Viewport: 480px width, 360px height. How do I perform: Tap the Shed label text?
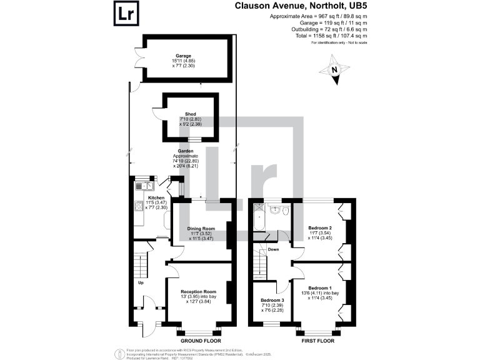[191, 114]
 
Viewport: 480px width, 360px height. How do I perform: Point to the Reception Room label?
[198, 292]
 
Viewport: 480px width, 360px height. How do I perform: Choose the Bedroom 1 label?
[321, 289]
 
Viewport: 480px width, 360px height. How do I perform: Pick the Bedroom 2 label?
[320, 229]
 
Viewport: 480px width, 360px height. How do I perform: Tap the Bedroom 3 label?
[271, 301]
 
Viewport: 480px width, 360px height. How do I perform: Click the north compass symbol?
[335, 71]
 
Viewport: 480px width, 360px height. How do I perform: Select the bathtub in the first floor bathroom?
[258, 219]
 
